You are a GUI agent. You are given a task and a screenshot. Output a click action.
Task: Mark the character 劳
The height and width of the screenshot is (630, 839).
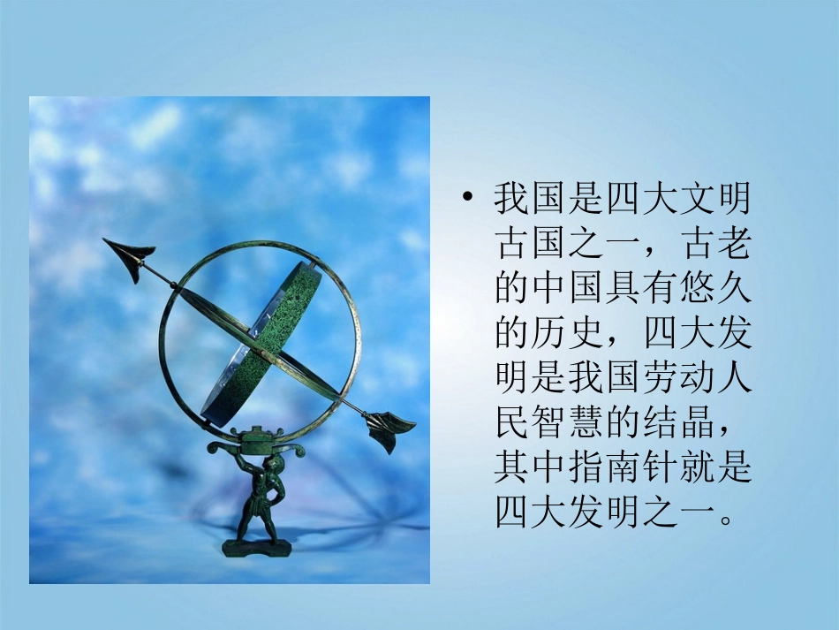point(661,377)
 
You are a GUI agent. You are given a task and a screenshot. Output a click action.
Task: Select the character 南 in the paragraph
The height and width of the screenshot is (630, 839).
point(623,467)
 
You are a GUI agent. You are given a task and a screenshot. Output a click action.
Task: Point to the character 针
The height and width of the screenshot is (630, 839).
point(661,467)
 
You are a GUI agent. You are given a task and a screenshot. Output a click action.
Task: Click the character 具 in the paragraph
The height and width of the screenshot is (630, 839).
point(623,288)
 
